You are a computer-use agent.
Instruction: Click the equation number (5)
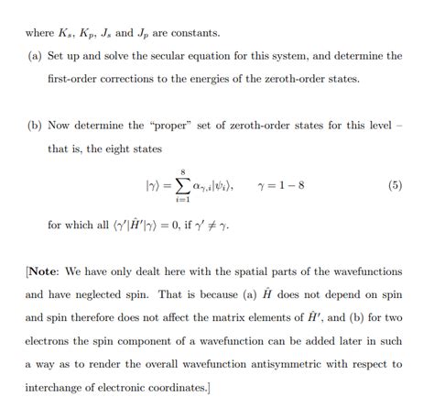coord(395,185)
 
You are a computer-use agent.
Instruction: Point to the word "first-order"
coord(76,79)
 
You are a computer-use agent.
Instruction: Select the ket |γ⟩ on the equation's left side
coord(153,185)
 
